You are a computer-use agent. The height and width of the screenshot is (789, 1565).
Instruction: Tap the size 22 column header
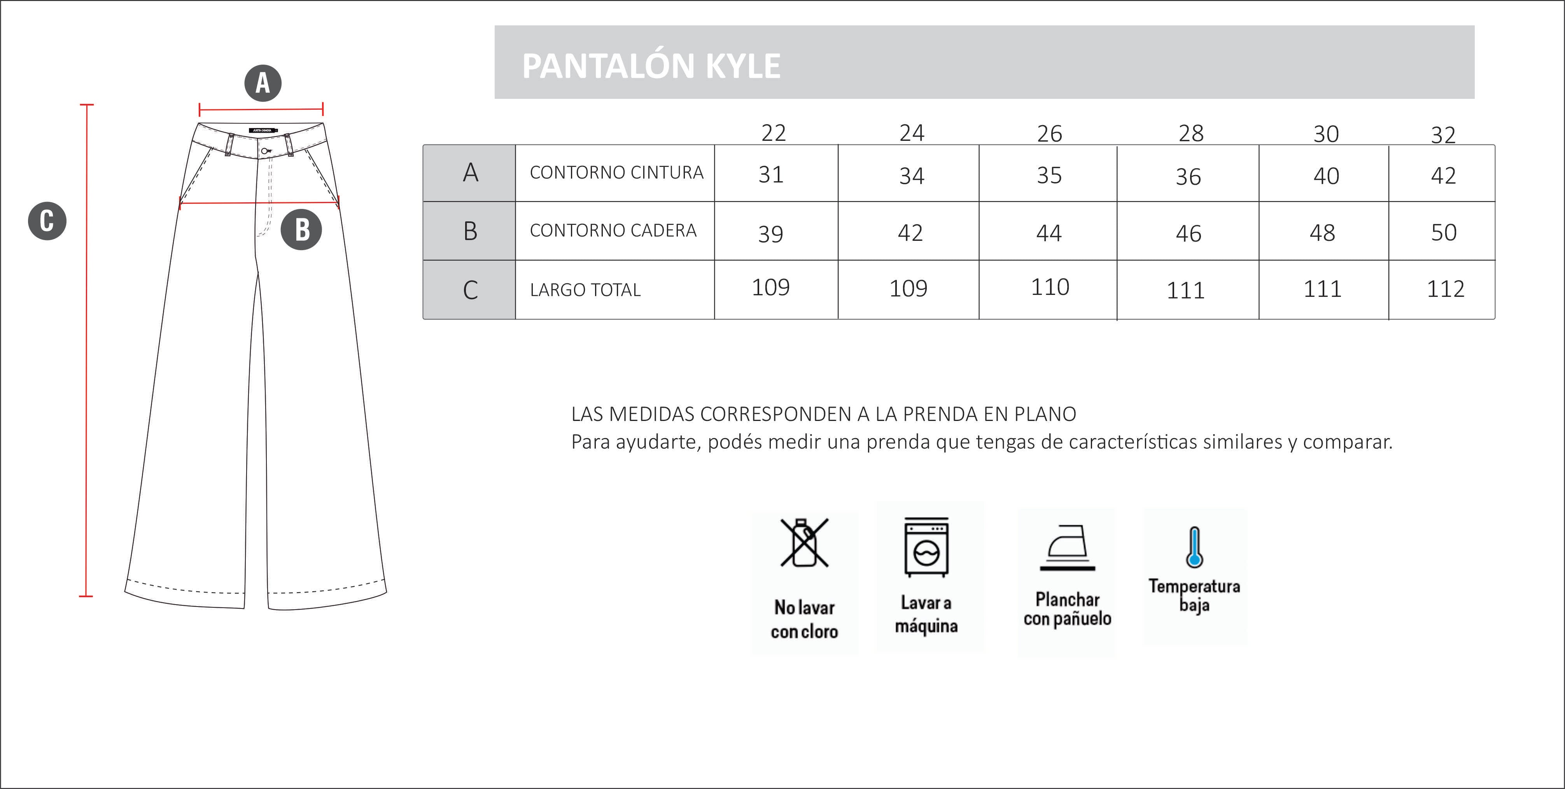click(774, 133)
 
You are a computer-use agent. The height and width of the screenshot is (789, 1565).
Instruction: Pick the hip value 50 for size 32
click(1444, 232)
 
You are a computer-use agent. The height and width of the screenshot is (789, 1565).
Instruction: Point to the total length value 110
click(1050, 287)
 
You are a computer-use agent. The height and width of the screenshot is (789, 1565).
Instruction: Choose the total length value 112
click(1445, 289)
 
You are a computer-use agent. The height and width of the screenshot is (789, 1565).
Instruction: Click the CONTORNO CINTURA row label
click(616, 173)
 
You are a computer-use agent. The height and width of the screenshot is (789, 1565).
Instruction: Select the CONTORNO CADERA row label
click(613, 230)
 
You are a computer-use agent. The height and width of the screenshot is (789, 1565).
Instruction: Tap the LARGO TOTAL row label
click(585, 290)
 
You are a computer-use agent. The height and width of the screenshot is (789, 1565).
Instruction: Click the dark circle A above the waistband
click(263, 82)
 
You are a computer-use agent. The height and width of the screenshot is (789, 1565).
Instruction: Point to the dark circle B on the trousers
click(301, 230)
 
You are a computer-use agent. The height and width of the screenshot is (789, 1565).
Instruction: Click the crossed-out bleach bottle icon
click(804, 542)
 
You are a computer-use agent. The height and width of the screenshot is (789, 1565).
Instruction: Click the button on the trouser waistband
click(265, 151)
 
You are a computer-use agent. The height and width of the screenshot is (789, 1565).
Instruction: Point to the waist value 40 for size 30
click(1326, 176)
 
